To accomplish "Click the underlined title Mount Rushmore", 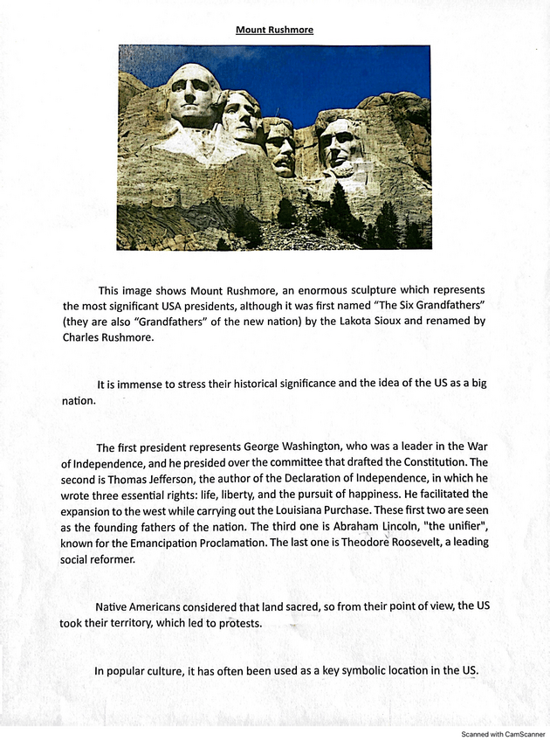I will point(274,30).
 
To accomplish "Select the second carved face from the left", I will point(240,116).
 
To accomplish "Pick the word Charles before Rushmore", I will point(85,337).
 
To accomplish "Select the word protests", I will point(236,624).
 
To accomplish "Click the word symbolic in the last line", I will point(342,671).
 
